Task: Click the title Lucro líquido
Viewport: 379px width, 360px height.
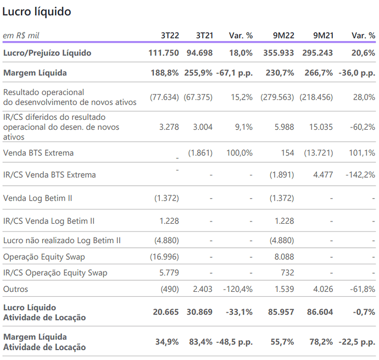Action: (x=36, y=12)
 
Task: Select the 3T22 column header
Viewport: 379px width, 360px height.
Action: (x=170, y=36)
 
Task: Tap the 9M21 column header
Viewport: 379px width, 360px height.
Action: (x=324, y=36)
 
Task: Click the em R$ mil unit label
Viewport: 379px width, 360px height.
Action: (x=21, y=36)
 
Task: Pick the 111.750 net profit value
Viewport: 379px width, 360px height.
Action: (x=164, y=53)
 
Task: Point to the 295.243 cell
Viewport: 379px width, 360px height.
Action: (x=317, y=53)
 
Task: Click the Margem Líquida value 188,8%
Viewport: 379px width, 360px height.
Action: (x=165, y=73)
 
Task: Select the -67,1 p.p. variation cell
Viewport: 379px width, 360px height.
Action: (x=235, y=73)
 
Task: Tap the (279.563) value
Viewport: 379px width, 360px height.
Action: (x=277, y=97)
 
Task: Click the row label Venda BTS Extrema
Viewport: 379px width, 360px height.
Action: (x=38, y=153)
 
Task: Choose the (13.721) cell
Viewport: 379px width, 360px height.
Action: (x=319, y=153)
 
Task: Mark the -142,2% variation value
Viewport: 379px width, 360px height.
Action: (x=360, y=175)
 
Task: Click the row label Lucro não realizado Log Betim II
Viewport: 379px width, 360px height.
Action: (x=62, y=241)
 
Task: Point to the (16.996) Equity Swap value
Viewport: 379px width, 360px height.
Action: (x=164, y=257)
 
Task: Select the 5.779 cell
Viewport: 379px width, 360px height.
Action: (x=169, y=273)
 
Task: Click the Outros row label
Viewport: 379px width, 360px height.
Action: (x=15, y=289)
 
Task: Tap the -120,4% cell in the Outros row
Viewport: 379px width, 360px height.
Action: (x=238, y=289)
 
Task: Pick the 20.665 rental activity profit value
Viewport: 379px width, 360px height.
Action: (x=166, y=312)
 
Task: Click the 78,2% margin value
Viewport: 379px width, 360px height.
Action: (x=321, y=342)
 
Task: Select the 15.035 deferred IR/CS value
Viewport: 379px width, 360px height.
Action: (x=321, y=127)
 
